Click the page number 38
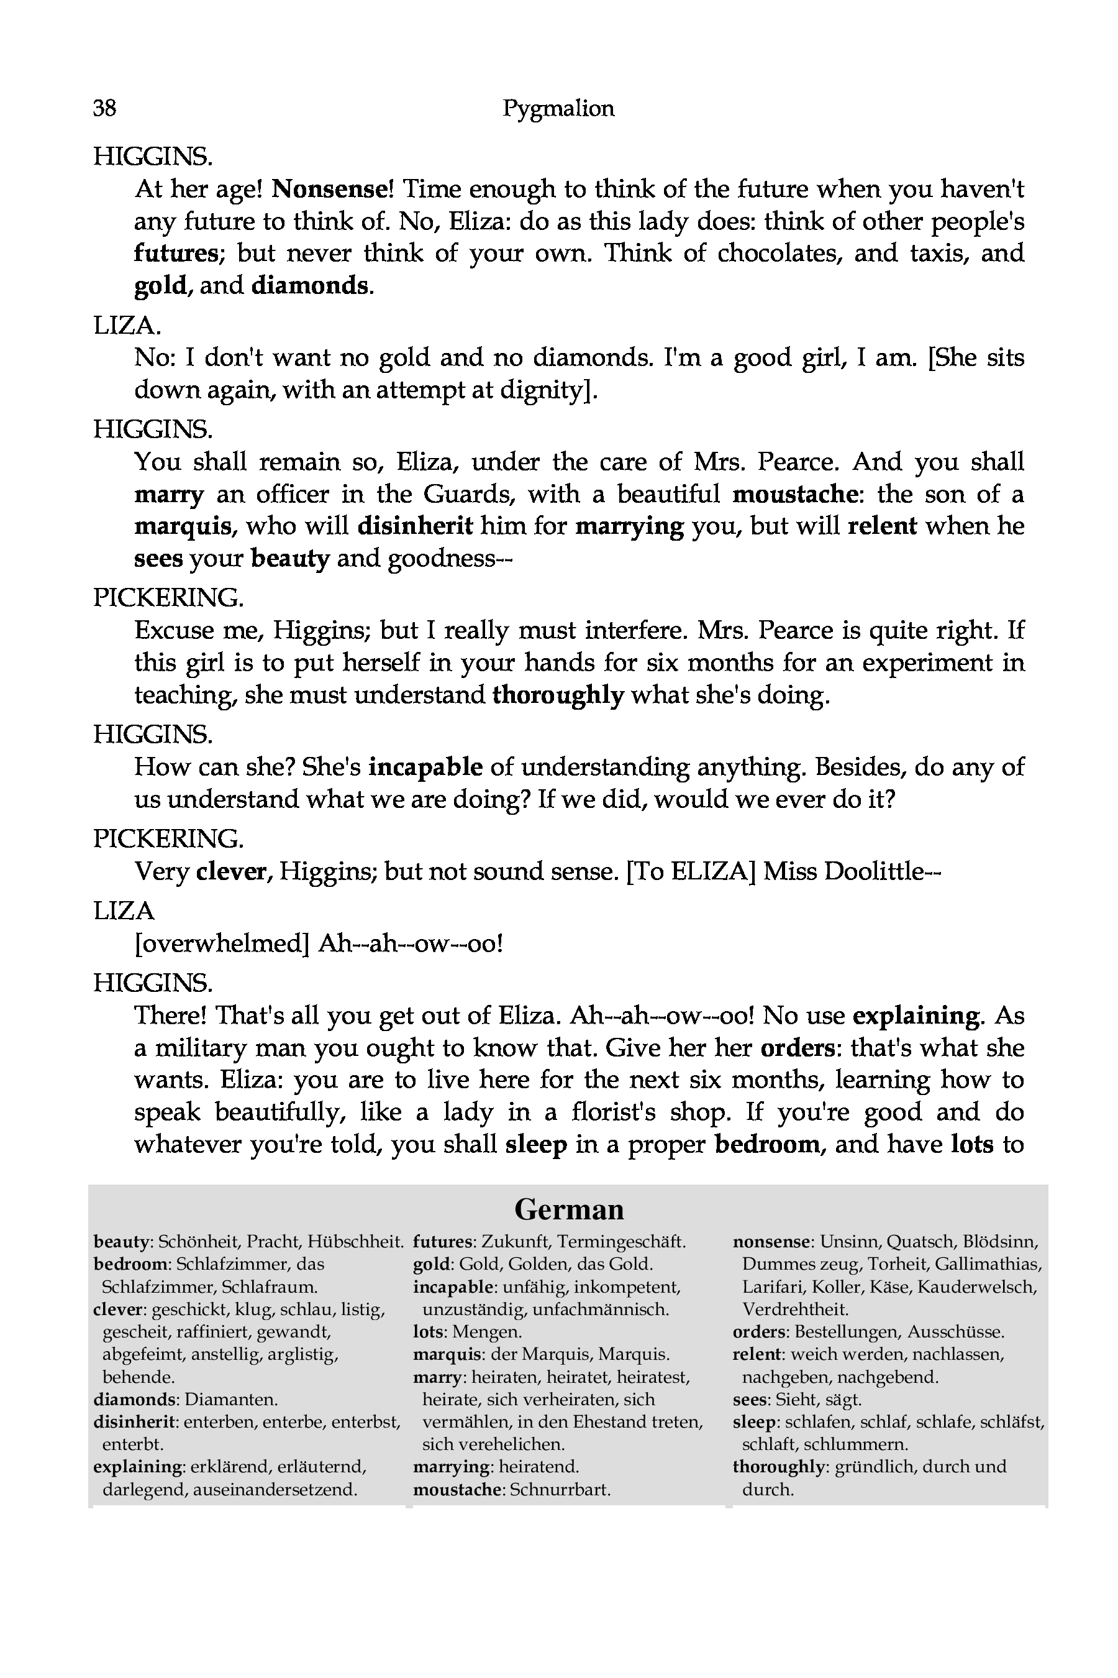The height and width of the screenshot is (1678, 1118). click(x=105, y=108)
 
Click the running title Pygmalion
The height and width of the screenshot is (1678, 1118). click(x=558, y=108)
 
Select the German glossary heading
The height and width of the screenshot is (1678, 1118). click(x=568, y=1209)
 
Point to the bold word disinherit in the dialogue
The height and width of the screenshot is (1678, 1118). click(x=415, y=526)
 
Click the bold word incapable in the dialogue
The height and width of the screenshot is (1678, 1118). click(x=425, y=767)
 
